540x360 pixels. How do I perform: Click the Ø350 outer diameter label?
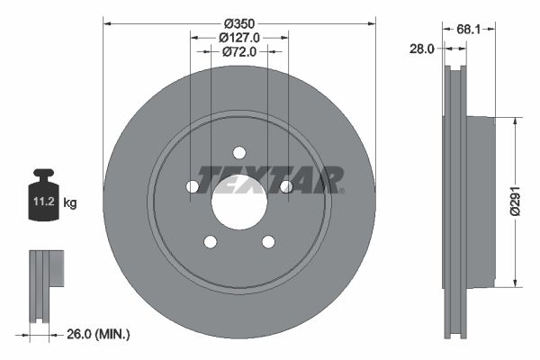pyautogui.click(x=239, y=23)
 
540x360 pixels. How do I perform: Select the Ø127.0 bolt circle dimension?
pyautogui.click(x=239, y=38)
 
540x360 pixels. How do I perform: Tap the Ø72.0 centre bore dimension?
pyautogui.click(x=239, y=51)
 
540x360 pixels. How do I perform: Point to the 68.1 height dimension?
pyautogui.click(x=468, y=30)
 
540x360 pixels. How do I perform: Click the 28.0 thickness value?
pyautogui.click(x=421, y=49)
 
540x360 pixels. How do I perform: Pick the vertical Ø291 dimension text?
pyautogui.click(x=515, y=202)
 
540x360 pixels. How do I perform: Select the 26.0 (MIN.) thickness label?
pyautogui.click(x=98, y=334)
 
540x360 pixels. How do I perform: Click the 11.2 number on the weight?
pyautogui.click(x=44, y=202)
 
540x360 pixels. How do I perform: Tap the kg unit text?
pyautogui.click(x=70, y=202)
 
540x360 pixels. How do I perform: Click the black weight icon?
pyautogui.click(x=44, y=194)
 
